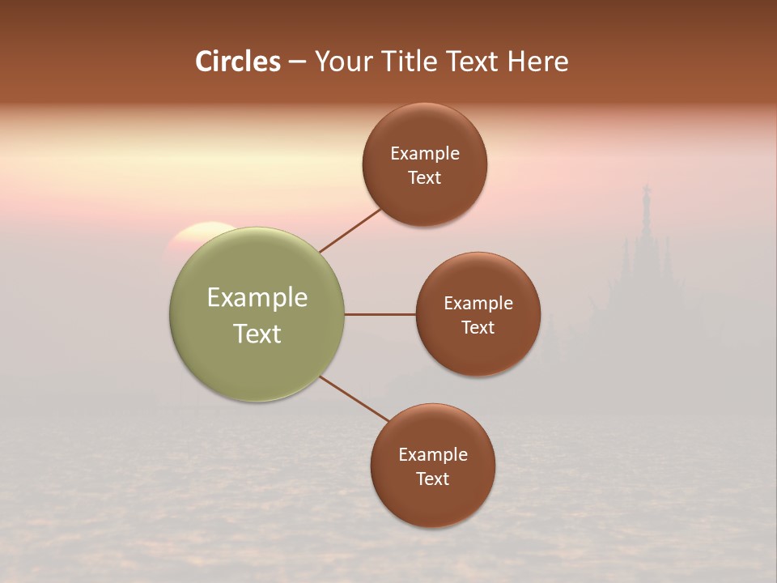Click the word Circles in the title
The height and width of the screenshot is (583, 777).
(237, 62)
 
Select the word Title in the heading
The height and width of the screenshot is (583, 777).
(413, 62)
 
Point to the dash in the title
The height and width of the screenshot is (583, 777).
(297, 62)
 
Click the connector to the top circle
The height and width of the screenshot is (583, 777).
(350, 230)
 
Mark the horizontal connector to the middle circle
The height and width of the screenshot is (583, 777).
(380, 314)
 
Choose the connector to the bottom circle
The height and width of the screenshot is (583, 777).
(355, 399)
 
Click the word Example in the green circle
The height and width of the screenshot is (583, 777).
(257, 298)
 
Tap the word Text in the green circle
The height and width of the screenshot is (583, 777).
(257, 334)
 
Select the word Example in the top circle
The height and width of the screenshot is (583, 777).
(425, 154)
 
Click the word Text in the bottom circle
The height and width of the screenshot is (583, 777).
(433, 479)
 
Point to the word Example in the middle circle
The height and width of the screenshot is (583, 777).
(478, 304)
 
